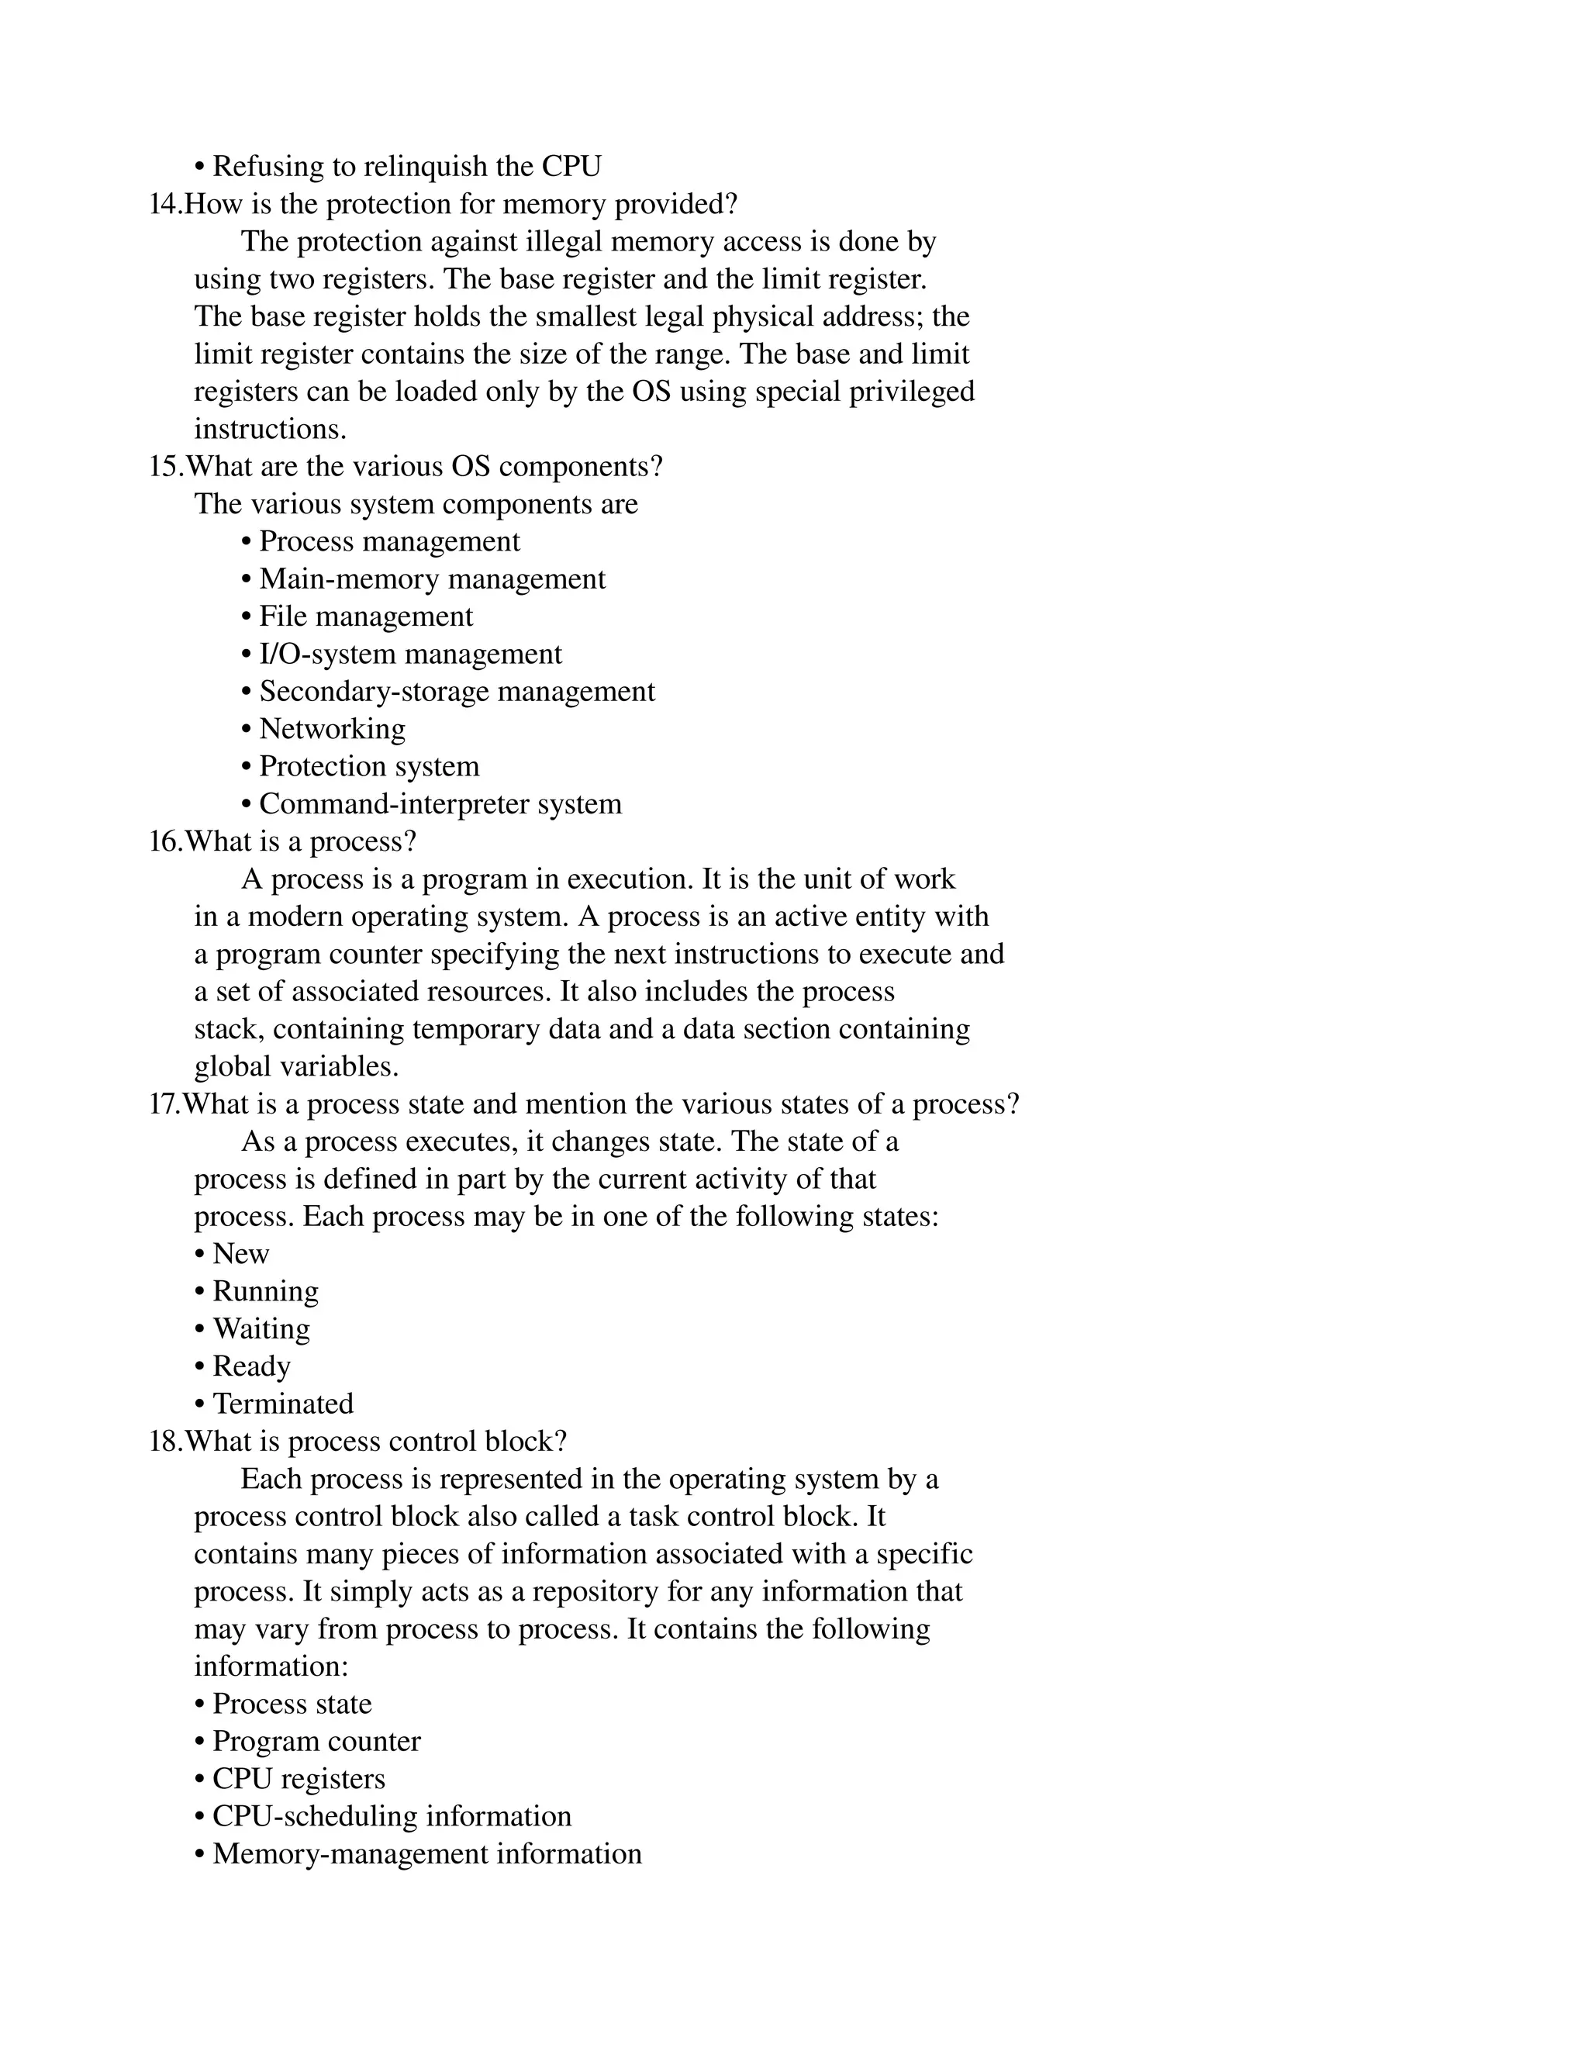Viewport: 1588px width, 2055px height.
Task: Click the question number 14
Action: [164, 204]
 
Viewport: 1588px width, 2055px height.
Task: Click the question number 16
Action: [164, 842]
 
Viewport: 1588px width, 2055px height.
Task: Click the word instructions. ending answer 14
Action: [270, 429]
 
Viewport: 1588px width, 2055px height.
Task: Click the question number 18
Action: [164, 1442]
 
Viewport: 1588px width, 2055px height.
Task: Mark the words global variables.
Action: [296, 1067]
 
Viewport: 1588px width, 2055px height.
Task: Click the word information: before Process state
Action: [271, 1666]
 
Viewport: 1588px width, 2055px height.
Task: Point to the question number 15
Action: [164, 467]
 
